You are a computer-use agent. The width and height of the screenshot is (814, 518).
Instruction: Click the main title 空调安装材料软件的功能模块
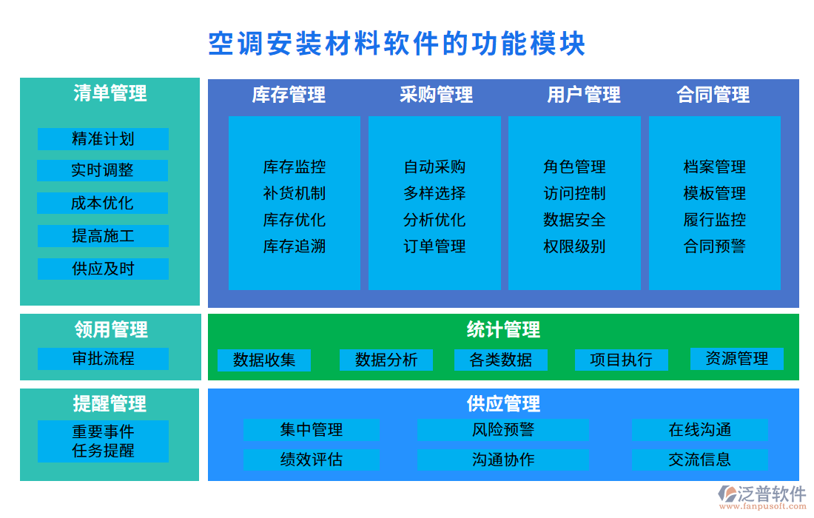point(397,44)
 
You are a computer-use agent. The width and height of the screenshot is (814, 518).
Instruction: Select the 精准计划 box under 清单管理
point(103,139)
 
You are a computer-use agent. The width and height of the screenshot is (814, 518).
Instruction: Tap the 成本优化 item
point(103,203)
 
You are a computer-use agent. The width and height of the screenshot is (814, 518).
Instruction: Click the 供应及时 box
point(103,269)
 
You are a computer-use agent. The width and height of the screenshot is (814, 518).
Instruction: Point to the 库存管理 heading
point(289,95)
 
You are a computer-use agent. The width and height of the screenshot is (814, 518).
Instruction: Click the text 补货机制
point(294,194)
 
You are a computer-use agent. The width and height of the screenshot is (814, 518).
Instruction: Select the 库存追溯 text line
point(294,246)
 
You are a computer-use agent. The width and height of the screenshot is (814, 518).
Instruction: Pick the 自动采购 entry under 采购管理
point(434,167)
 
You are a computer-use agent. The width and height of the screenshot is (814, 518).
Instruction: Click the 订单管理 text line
point(434,246)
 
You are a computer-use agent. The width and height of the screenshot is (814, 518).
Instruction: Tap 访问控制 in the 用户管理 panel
point(574,194)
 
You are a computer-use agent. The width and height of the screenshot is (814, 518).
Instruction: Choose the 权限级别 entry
point(574,246)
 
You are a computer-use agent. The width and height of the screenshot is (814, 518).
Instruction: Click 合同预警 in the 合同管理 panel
point(714,246)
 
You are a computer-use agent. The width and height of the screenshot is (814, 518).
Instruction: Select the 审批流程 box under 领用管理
point(103,359)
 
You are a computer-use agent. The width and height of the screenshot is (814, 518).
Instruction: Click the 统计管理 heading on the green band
point(503,329)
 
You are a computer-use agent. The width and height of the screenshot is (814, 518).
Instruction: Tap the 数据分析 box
point(386,360)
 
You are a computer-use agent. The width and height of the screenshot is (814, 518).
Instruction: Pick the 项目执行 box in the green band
point(622,360)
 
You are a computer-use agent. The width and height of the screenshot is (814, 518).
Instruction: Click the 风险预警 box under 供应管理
point(503,430)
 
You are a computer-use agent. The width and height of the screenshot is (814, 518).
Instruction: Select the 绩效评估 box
point(312,460)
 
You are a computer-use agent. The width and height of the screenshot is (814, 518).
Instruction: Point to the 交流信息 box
point(699,460)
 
